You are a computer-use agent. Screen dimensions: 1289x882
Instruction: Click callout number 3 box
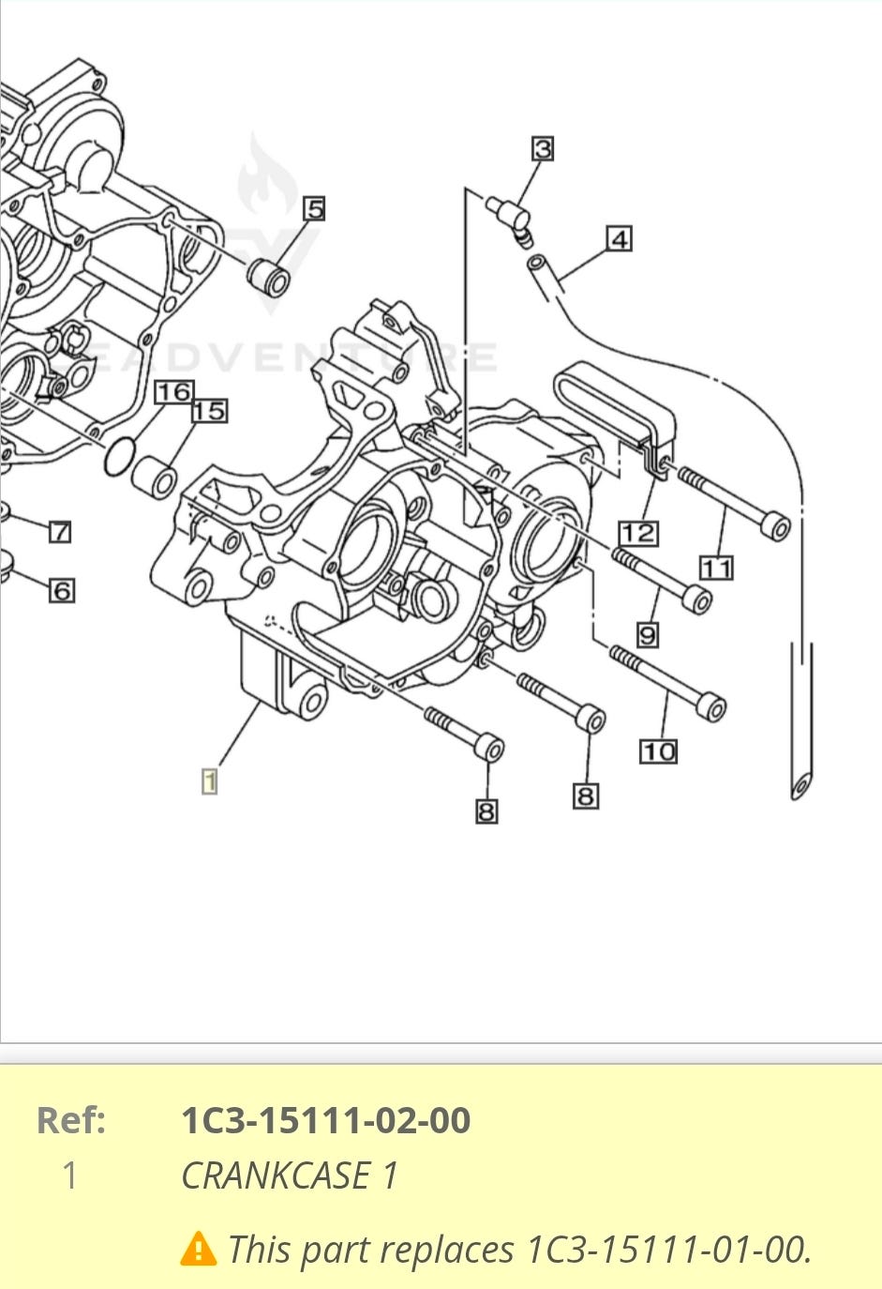tap(543, 148)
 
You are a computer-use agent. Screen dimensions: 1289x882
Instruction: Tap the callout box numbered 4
tap(619, 238)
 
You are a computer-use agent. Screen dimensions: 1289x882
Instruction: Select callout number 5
tap(314, 208)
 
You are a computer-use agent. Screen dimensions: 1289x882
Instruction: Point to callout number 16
tap(173, 391)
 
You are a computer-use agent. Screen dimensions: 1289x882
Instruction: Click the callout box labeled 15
tap(210, 410)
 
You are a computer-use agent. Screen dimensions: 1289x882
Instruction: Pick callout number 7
tap(59, 532)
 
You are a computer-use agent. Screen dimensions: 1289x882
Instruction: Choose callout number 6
tap(62, 590)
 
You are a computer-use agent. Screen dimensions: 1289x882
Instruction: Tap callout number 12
tap(637, 533)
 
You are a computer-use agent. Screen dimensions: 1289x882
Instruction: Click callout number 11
tap(717, 568)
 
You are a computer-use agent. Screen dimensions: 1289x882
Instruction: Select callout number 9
tap(648, 635)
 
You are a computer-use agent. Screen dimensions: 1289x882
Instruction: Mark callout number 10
tap(659, 751)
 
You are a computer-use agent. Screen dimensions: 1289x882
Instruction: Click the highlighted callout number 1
tap(209, 781)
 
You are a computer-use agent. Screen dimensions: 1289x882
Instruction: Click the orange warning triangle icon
tap(198, 1249)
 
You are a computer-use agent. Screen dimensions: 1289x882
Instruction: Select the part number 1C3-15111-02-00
tap(325, 1120)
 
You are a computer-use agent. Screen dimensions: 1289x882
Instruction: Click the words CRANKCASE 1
tap(290, 1175)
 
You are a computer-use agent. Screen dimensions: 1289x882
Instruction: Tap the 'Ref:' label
tap(70, 1120)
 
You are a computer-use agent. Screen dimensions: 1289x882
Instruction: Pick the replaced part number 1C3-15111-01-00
tap(668, 1250)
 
